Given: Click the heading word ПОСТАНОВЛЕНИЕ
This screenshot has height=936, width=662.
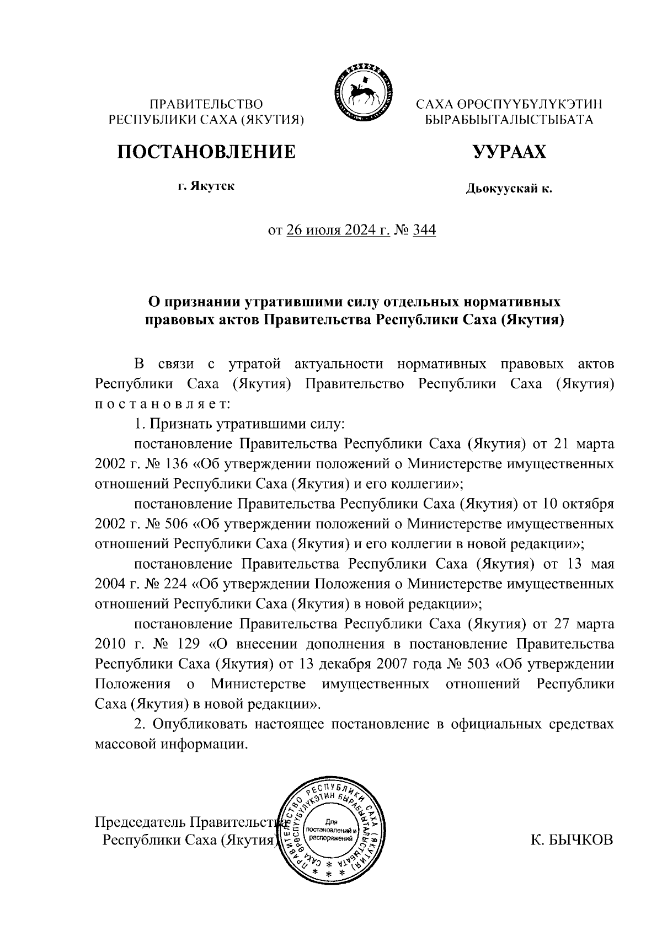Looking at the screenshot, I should pyautogui.click(x=206, y=151).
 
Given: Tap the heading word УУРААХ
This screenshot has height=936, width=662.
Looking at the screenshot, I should pyautogui.click(x=509, y=151).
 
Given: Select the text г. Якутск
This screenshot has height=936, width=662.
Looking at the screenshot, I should pyautogui.click(x=206, y=186).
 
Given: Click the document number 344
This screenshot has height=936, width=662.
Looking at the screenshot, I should pyautogui.click(x=424, y=229).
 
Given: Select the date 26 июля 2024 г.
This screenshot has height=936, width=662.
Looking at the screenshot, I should pyautogui.click(x=338, y=229).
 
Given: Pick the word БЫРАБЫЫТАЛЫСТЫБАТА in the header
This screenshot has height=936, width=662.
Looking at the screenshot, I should pyautogui.click(x=509, y=120).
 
